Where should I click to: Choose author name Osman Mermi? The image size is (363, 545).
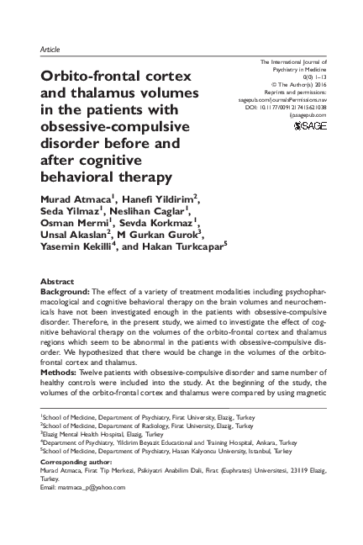tap(75, 225)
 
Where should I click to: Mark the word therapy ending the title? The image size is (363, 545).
tap(146, 176)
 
